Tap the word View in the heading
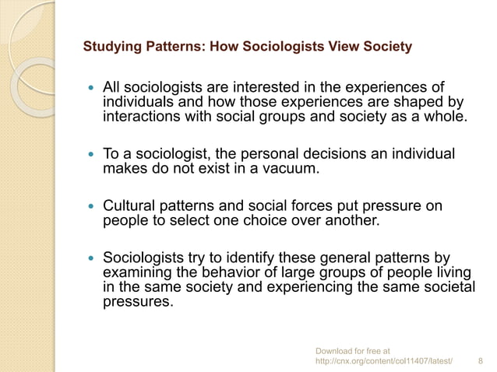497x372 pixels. [x=348, y=47]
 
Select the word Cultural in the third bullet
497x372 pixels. [x=129, y=206]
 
